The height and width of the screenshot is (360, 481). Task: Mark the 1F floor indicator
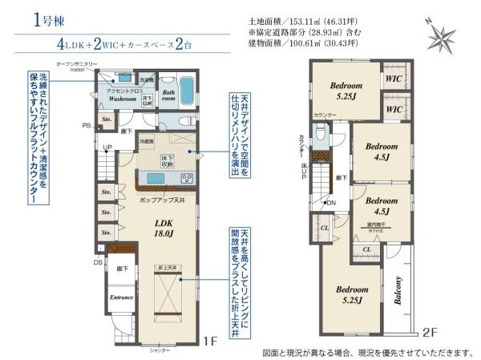(210, 341)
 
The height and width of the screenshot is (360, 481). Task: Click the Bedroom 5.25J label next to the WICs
(346, 90)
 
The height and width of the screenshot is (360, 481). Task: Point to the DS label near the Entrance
(98, 261)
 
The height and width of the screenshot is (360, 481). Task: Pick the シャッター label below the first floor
(160, 350)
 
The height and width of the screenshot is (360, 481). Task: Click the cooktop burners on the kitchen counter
(185, 177)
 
